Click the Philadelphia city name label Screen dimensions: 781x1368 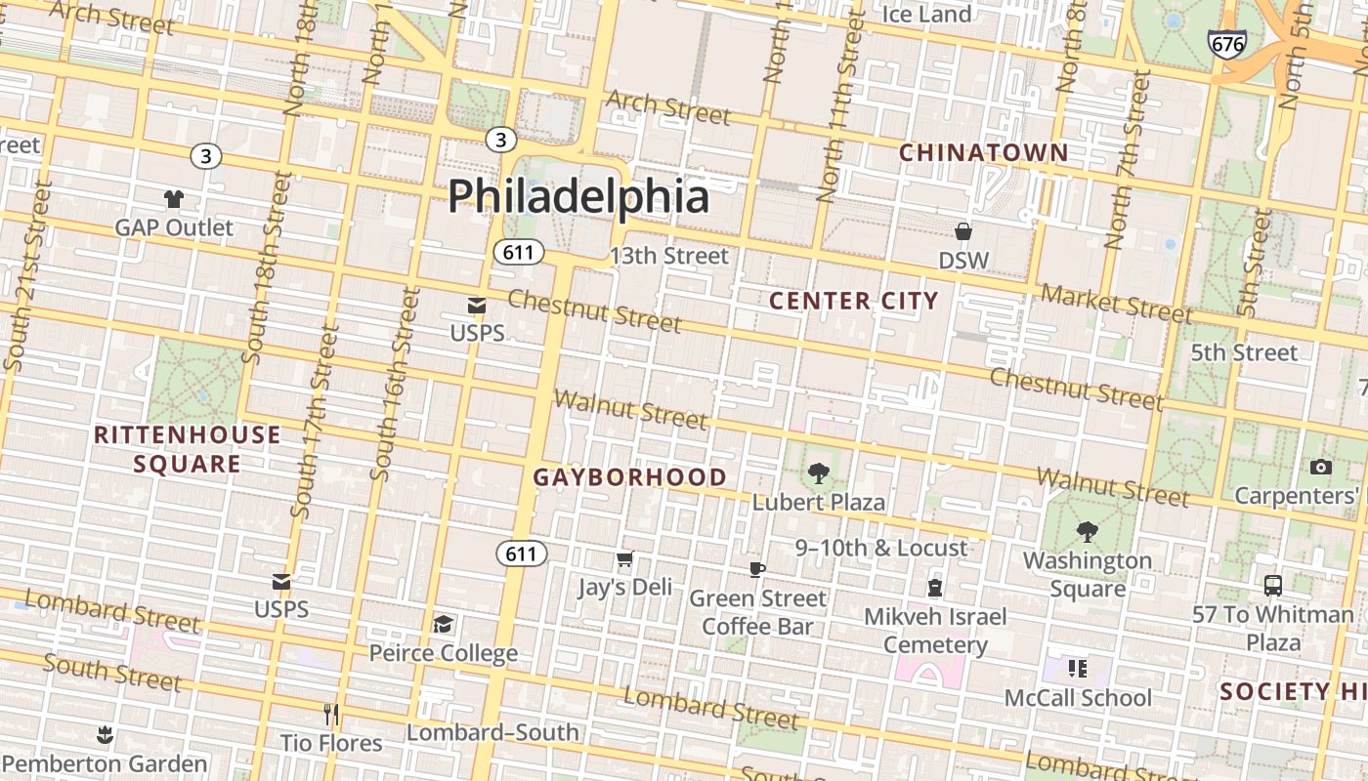[578, 196]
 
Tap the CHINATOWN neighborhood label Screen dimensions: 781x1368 [983, 153]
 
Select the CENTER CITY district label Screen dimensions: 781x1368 [853, 301]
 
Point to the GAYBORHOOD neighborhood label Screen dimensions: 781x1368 [630, 477]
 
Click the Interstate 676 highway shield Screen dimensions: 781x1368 [1226, 44]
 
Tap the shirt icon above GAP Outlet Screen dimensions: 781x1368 [174, 199]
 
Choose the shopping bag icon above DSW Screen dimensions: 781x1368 [963, 231]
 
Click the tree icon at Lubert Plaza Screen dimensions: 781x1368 [818, 474]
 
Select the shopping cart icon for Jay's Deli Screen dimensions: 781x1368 [625, 559]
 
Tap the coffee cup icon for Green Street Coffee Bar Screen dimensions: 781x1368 [757, 569]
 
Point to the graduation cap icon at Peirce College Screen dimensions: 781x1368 [443, 624]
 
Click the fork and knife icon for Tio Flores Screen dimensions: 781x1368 [331, 715]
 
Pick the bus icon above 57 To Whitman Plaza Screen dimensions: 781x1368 [1272, 586]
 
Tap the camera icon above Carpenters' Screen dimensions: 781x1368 [1321, 468]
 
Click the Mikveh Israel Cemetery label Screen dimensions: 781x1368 [935, 631]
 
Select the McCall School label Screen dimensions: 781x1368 [1079, 698]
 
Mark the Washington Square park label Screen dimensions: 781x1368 [1087, 575]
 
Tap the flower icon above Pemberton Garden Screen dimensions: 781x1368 [105, 734]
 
